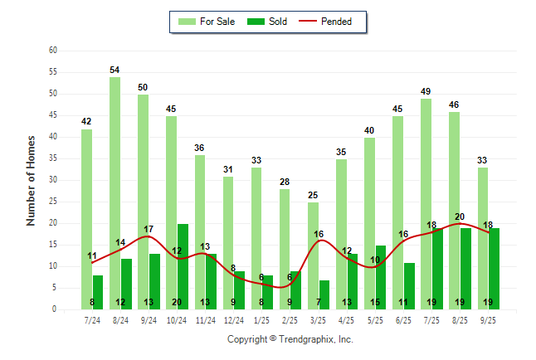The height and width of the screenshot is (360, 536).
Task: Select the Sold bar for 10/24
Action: pos(183,266)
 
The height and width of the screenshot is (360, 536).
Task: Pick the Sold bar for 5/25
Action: pos(381,277)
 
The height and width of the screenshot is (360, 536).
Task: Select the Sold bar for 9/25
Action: pos(494,269)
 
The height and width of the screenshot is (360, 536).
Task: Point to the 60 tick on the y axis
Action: pos(52,51)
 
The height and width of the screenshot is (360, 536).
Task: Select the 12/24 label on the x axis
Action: pos(234,319)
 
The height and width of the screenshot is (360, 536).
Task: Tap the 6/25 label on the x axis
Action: pos(404,319)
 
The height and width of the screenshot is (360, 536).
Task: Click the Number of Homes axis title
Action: pos(31,180)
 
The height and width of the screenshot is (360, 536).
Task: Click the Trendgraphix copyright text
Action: pos(290,339)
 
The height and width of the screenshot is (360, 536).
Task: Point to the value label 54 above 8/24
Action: pos(115,71)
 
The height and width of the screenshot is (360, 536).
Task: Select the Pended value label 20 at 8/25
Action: pos(460,216)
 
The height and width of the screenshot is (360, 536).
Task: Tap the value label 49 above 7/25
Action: pos(426,92)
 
